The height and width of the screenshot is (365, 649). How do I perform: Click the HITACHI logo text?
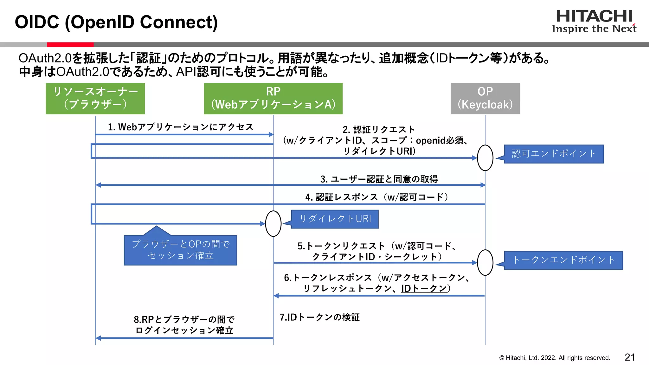[594, 16]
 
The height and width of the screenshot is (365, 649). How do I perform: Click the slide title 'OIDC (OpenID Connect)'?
[116, 22]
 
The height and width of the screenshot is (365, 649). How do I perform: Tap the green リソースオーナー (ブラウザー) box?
[95, 99]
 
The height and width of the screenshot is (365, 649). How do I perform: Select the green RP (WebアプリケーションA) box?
[273, 99]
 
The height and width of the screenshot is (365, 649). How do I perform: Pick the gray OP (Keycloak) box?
[485, 99]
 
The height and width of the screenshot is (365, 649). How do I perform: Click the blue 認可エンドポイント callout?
[554, 154]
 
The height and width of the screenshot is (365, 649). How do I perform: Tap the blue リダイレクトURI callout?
[335, 219]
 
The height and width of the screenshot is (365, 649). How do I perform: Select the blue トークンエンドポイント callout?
[563, 260]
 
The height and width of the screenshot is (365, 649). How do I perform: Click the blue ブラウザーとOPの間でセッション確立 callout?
[180, 250]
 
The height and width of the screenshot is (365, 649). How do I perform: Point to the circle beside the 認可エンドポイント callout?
[485, 158]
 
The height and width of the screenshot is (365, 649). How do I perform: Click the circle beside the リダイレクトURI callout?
[273, 224]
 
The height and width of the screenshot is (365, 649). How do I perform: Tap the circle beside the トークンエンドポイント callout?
[485, 263]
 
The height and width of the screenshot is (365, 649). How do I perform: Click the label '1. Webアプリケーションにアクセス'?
[181, 127]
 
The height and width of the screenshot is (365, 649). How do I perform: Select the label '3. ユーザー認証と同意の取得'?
[379, 179]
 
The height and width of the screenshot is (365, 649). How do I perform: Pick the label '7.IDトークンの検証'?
[319, 317]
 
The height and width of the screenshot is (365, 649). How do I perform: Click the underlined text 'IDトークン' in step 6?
[424, 288]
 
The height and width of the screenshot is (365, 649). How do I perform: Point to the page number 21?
[630, 357]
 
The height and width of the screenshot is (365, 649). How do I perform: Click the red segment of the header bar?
[70, 45]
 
